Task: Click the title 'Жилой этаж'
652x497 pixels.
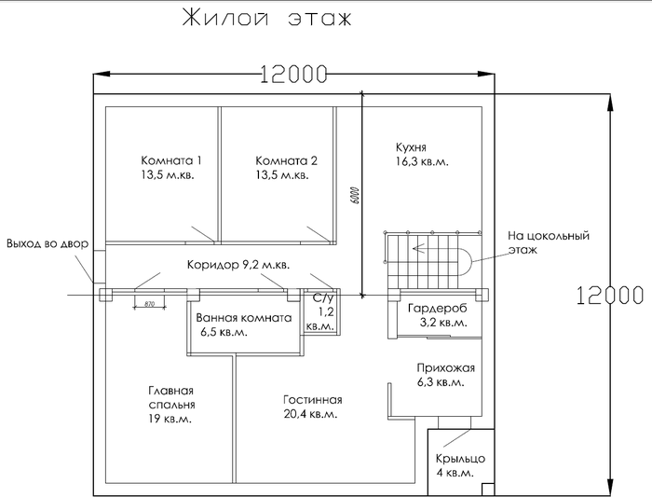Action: pos(267,19)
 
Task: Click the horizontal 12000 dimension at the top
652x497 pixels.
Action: pos(294,74)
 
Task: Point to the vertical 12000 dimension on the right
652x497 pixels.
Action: pos(610,295)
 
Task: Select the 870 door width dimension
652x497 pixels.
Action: pos(149,304)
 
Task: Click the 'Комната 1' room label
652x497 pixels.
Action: pos(170,160)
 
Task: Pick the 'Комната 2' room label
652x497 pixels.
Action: pos(286,160)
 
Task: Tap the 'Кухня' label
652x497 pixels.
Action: pos(411,147)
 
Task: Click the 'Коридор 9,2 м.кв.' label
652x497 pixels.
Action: pos(238,265)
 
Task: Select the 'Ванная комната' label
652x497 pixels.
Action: pos(244,318)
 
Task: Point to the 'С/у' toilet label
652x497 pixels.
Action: pos(323,298)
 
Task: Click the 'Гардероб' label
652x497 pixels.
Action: pos(438,309)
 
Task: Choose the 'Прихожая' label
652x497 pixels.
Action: pos(446,368)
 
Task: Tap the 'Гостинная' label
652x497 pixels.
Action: pos(313,400)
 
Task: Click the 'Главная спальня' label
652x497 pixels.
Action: pos(171,397)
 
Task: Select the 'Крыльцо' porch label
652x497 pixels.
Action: pos(460,459)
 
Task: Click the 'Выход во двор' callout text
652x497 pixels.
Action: pos(48,243)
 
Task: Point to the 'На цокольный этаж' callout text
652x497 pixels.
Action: pos(549,242)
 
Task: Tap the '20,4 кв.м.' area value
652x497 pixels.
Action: pos(310,414)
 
